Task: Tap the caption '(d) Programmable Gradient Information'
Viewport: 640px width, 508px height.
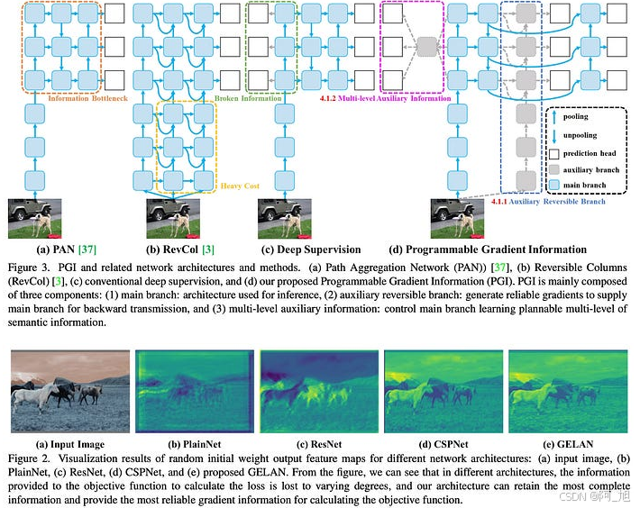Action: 488,249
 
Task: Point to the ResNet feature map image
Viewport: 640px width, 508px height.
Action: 318,395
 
